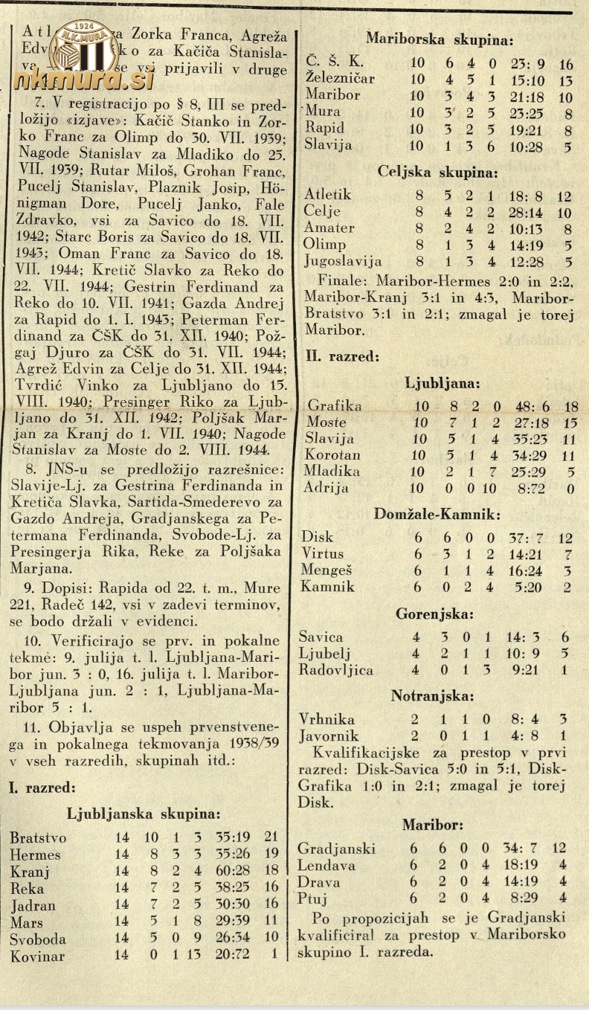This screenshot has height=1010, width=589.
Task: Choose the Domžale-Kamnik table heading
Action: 437,514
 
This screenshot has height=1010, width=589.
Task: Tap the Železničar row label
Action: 340,78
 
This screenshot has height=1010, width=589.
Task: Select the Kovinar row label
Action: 37,956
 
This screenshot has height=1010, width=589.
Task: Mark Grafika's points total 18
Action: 571,406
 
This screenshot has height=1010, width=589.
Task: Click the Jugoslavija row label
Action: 344,261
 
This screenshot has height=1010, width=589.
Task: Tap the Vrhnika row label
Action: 326,718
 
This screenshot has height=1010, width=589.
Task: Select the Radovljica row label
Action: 336,669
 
